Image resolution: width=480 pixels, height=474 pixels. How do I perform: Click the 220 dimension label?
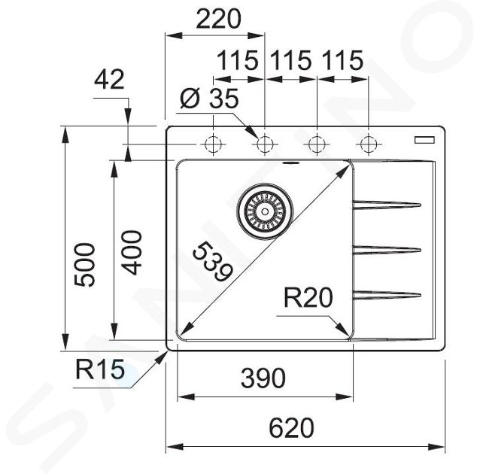click(219, 19)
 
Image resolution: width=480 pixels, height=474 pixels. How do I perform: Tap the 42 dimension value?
click(109, 80)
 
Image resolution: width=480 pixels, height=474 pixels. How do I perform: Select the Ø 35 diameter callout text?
click(209, 99)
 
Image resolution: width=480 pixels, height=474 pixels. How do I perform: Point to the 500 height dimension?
click(85, 265)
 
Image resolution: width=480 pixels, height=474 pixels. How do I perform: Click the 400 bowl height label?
click(132, 253)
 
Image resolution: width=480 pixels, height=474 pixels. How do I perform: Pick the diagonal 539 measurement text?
click(213, 261)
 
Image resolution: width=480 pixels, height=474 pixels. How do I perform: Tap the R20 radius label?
click(308, 297)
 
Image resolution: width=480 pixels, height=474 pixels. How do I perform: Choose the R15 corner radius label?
click(100, 369)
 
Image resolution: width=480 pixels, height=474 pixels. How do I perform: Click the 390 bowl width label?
click(263, 378)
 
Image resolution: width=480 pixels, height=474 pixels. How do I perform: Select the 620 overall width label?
click(291, 428)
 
